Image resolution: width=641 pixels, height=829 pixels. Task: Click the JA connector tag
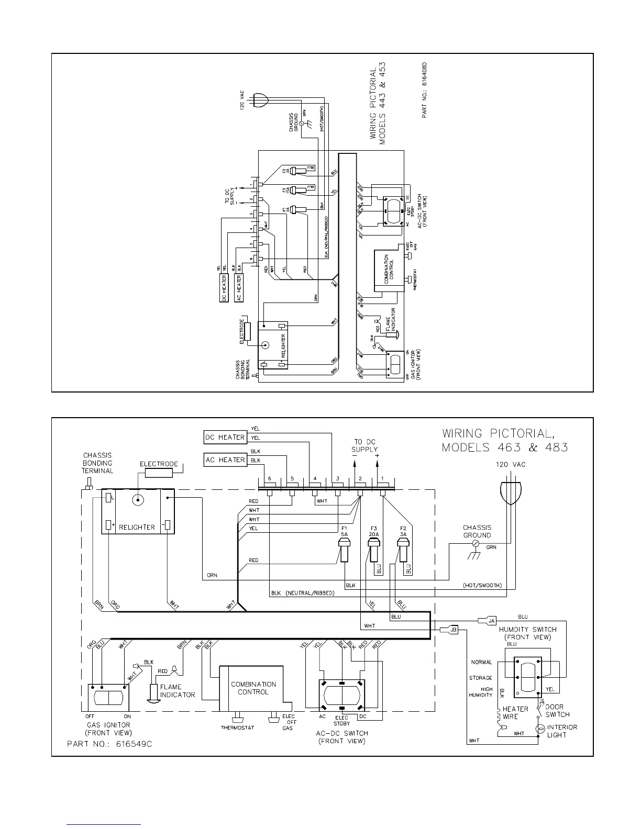(492, 621)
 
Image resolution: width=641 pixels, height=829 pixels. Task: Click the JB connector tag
(454, 630)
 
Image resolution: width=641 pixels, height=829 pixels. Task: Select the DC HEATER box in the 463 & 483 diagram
(225, 437)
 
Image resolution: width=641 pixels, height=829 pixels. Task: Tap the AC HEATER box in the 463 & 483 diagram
(225, 460)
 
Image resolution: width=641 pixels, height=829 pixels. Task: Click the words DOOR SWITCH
(557, 711)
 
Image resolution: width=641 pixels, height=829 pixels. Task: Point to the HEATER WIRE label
(515, 713)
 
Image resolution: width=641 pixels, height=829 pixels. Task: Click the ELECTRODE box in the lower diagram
(159, 473)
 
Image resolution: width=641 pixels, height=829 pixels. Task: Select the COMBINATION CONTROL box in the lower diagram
(253, 688)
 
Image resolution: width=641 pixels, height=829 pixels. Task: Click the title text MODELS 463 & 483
(505, 447)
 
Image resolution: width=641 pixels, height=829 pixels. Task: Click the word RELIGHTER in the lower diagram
(137, 527)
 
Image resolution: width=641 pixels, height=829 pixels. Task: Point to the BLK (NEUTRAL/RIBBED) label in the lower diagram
(303, 593)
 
